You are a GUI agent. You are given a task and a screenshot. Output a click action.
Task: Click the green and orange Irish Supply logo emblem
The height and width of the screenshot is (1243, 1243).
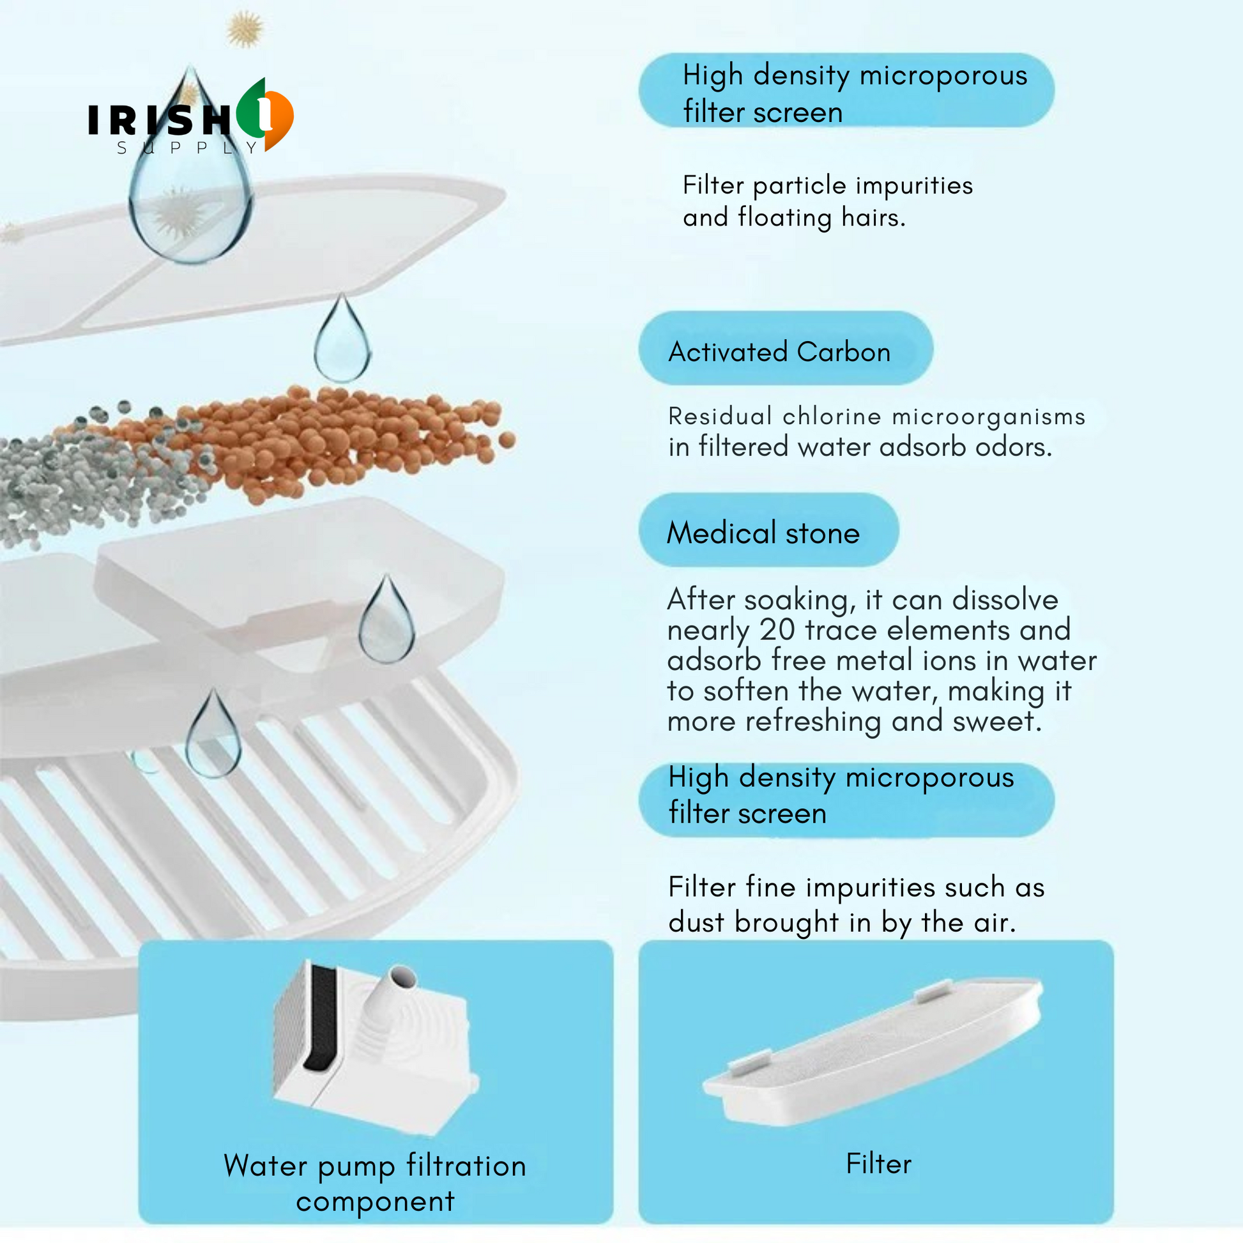click(x=264, y=114)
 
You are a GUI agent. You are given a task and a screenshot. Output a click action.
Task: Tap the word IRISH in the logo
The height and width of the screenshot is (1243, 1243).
click(x=159, y=119)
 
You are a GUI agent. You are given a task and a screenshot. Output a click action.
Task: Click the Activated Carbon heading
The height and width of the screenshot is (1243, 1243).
click(x=779, y=352)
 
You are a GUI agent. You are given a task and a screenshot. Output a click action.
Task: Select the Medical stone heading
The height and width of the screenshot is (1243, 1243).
click(x=763, y=533)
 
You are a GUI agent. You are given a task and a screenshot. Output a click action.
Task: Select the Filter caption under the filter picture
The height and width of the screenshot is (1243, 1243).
click(x=879, y=1164)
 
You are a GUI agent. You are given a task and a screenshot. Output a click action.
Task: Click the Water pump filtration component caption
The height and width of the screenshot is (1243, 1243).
click(x=375, y=1183)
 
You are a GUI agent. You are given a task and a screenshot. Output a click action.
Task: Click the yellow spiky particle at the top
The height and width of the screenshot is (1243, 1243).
click(x=245, y=29)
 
